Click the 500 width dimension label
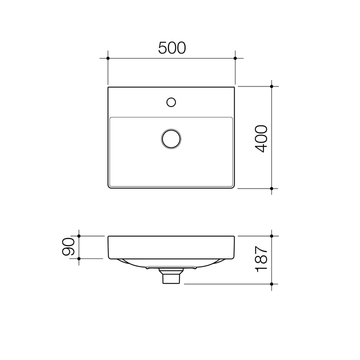(172, 47)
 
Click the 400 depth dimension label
(261, 138)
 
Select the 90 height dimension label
(69, 247)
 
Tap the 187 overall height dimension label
(261, 259)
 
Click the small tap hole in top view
(171, 102)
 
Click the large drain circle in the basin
(171, 138)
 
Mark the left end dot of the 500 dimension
(108, 58)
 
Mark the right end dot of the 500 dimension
(235, 58)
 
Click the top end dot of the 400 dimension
(271, 86)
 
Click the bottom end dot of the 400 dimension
(271, 188)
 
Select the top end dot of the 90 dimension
(79, 235)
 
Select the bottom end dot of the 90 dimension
(79, 258)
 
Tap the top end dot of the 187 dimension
(271, 235)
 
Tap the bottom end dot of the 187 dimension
(271, 284)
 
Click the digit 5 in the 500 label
(163, 47)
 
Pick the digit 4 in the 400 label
(261, 148)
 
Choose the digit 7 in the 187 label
(261, 250)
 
